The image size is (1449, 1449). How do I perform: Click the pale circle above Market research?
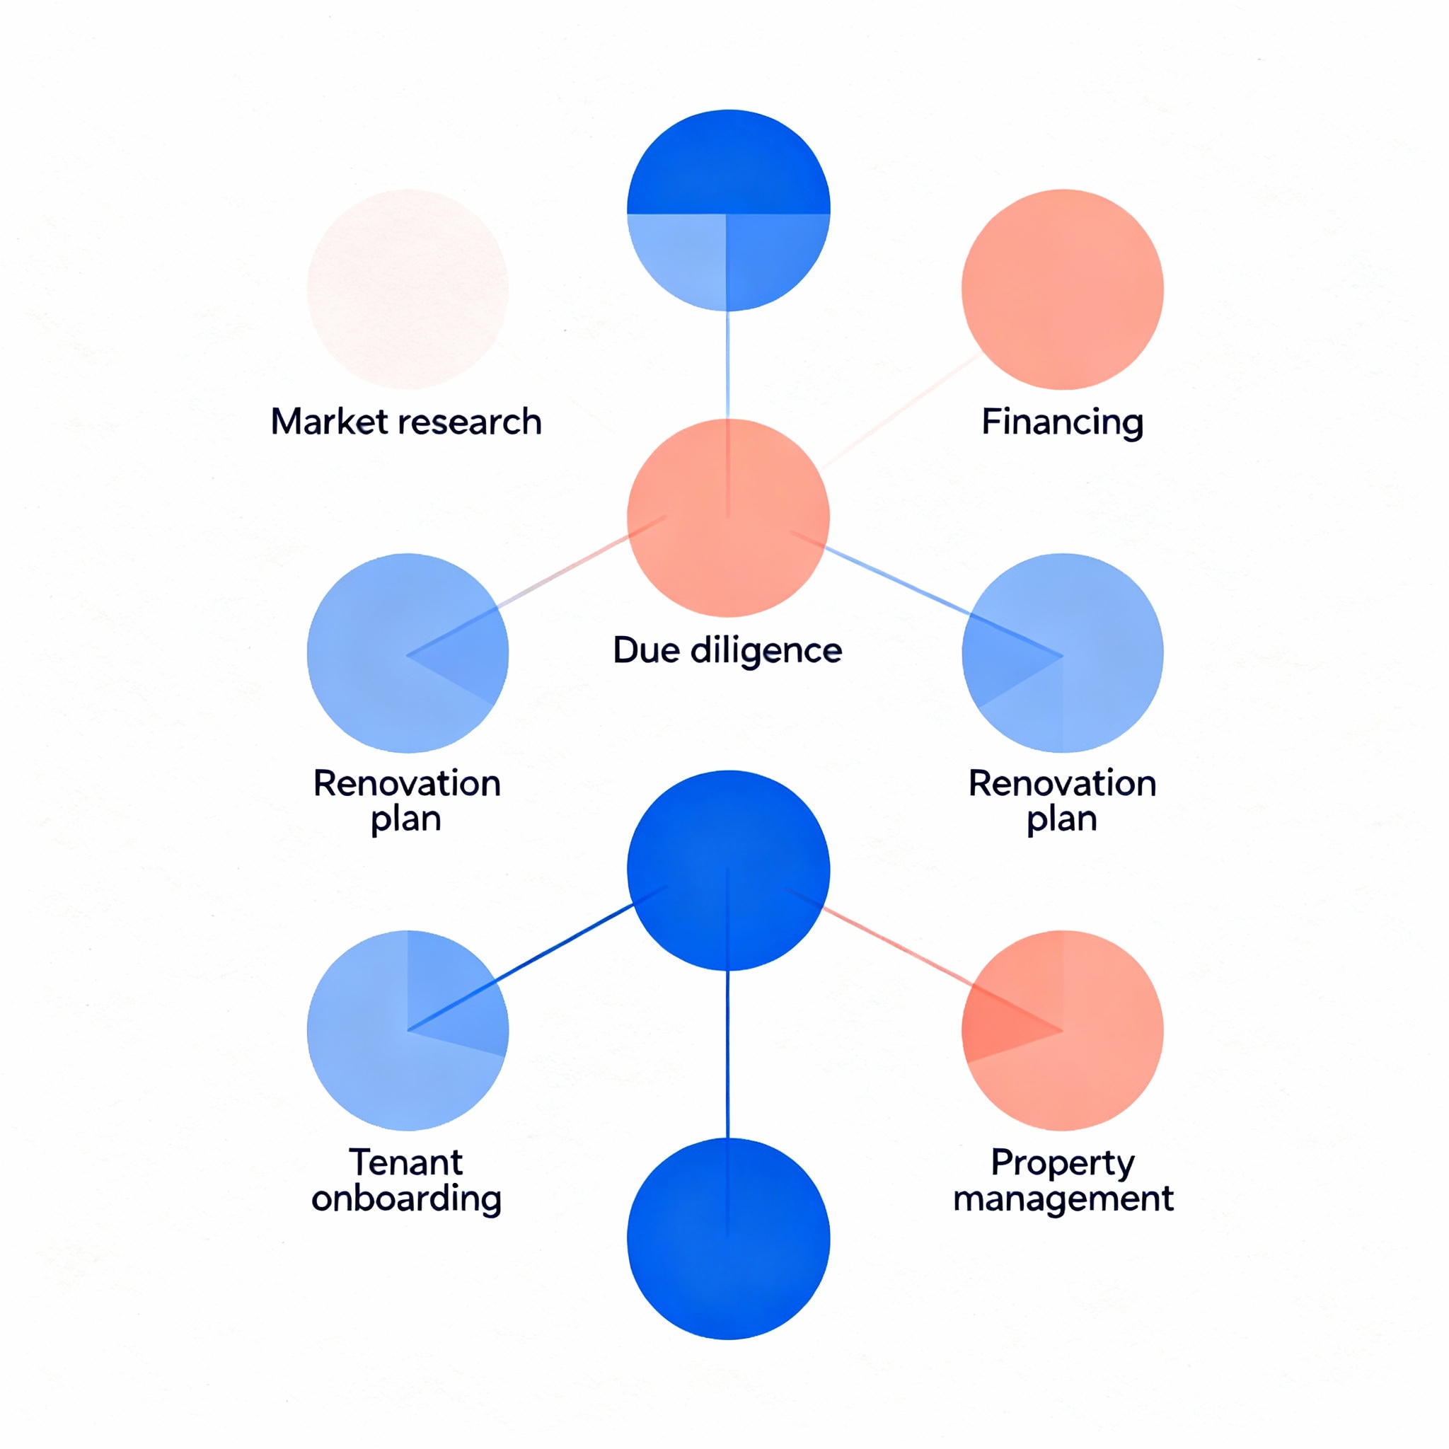tap(408, 289)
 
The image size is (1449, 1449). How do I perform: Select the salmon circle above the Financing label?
tap(1062, 289)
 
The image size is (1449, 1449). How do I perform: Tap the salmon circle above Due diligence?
tap(727, 517)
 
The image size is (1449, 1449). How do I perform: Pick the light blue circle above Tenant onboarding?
tap(408, 1030)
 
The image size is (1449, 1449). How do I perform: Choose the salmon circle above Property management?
tap(1062, 1030)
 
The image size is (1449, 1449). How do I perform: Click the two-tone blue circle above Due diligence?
tap(727, 211)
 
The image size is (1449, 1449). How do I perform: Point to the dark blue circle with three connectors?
tap(727, 870)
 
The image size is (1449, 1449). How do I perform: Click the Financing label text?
tap(1062, 422)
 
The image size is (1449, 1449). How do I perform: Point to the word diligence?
tap(766, 650)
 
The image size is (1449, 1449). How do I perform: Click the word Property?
tap(1062, 1162)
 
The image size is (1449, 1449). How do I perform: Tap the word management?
tap(1062, 1199)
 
